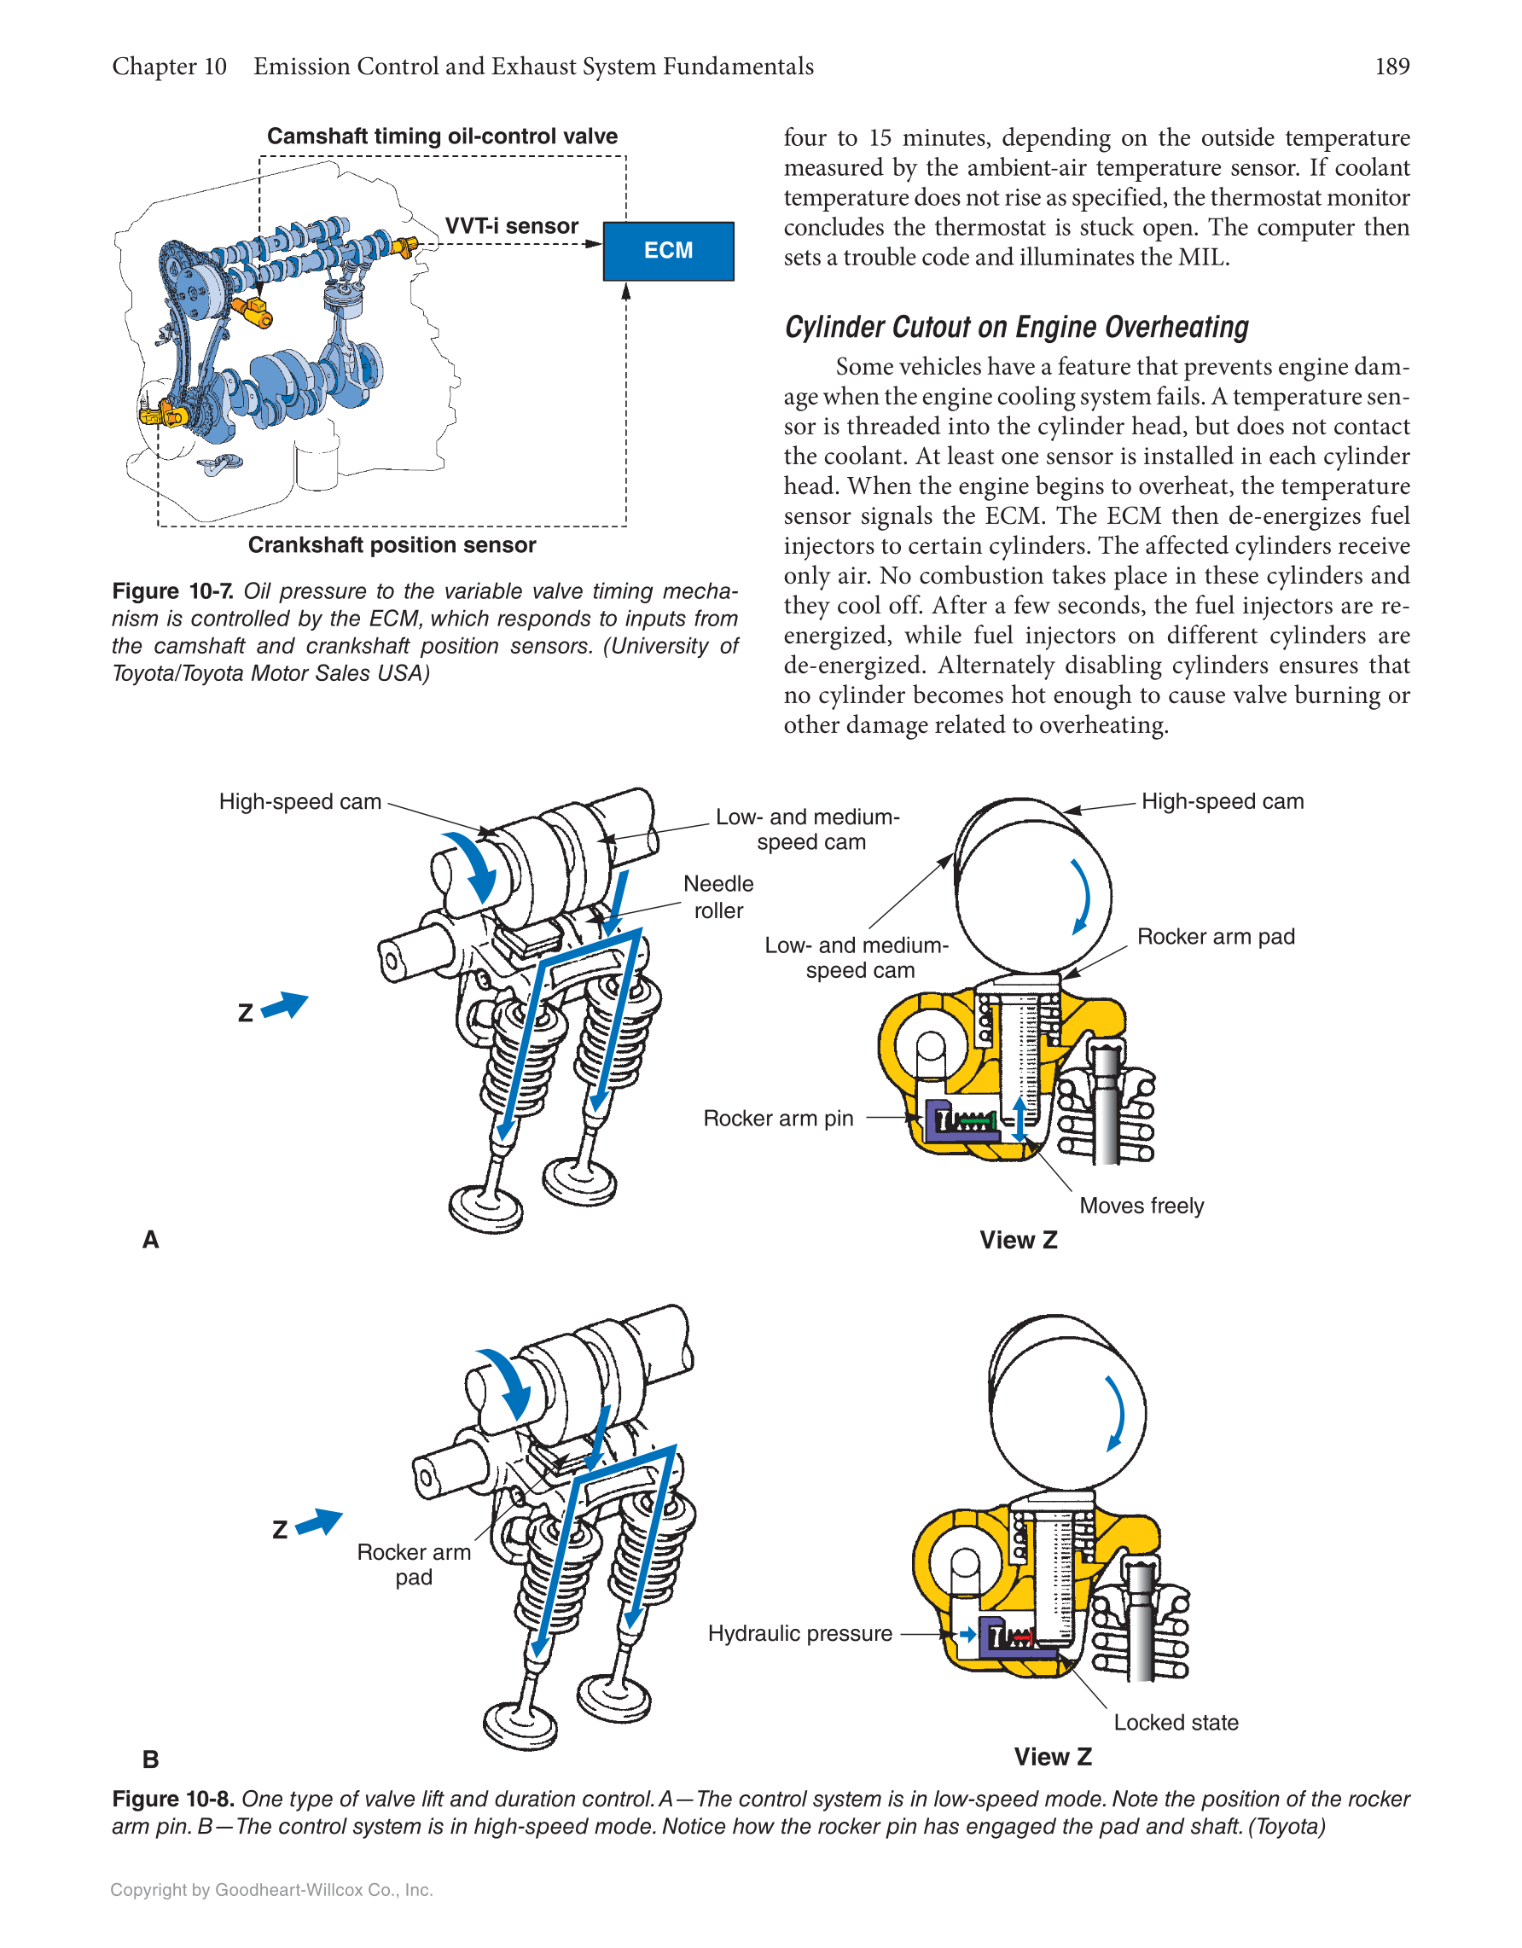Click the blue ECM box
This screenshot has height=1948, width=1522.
(x=668, y=251)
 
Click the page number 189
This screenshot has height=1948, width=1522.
(x=1391, y=67)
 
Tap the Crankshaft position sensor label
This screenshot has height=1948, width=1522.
(x=392, y=545)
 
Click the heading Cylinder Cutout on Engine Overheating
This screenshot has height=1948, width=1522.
(x=1015, y=328)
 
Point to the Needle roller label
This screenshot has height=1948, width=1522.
(x=717, y=897)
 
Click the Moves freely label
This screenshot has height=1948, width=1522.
(x=1141, y=1206)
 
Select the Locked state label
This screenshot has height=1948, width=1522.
(x=1175, y=1723)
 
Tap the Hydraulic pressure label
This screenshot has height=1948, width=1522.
(x=799, y=1633)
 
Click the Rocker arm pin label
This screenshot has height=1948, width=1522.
(x=777, y=1119)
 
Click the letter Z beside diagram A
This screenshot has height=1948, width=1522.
(x=245, y=1013)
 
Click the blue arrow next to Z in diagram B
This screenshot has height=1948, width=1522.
(x=319, y=1521)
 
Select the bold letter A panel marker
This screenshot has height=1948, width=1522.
(x=151, y=1240)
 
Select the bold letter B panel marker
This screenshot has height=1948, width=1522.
(x=151, y=1759)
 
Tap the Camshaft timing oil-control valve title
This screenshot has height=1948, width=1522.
(x=441, y=137)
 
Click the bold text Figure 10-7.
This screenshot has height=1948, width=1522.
(x=173, y=591)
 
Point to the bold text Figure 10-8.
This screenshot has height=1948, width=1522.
(x=173, y=1799)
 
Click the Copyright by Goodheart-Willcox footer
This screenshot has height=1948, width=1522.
(x=271, y=1890)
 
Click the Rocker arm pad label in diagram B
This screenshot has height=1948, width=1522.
(x=414, y=1565)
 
